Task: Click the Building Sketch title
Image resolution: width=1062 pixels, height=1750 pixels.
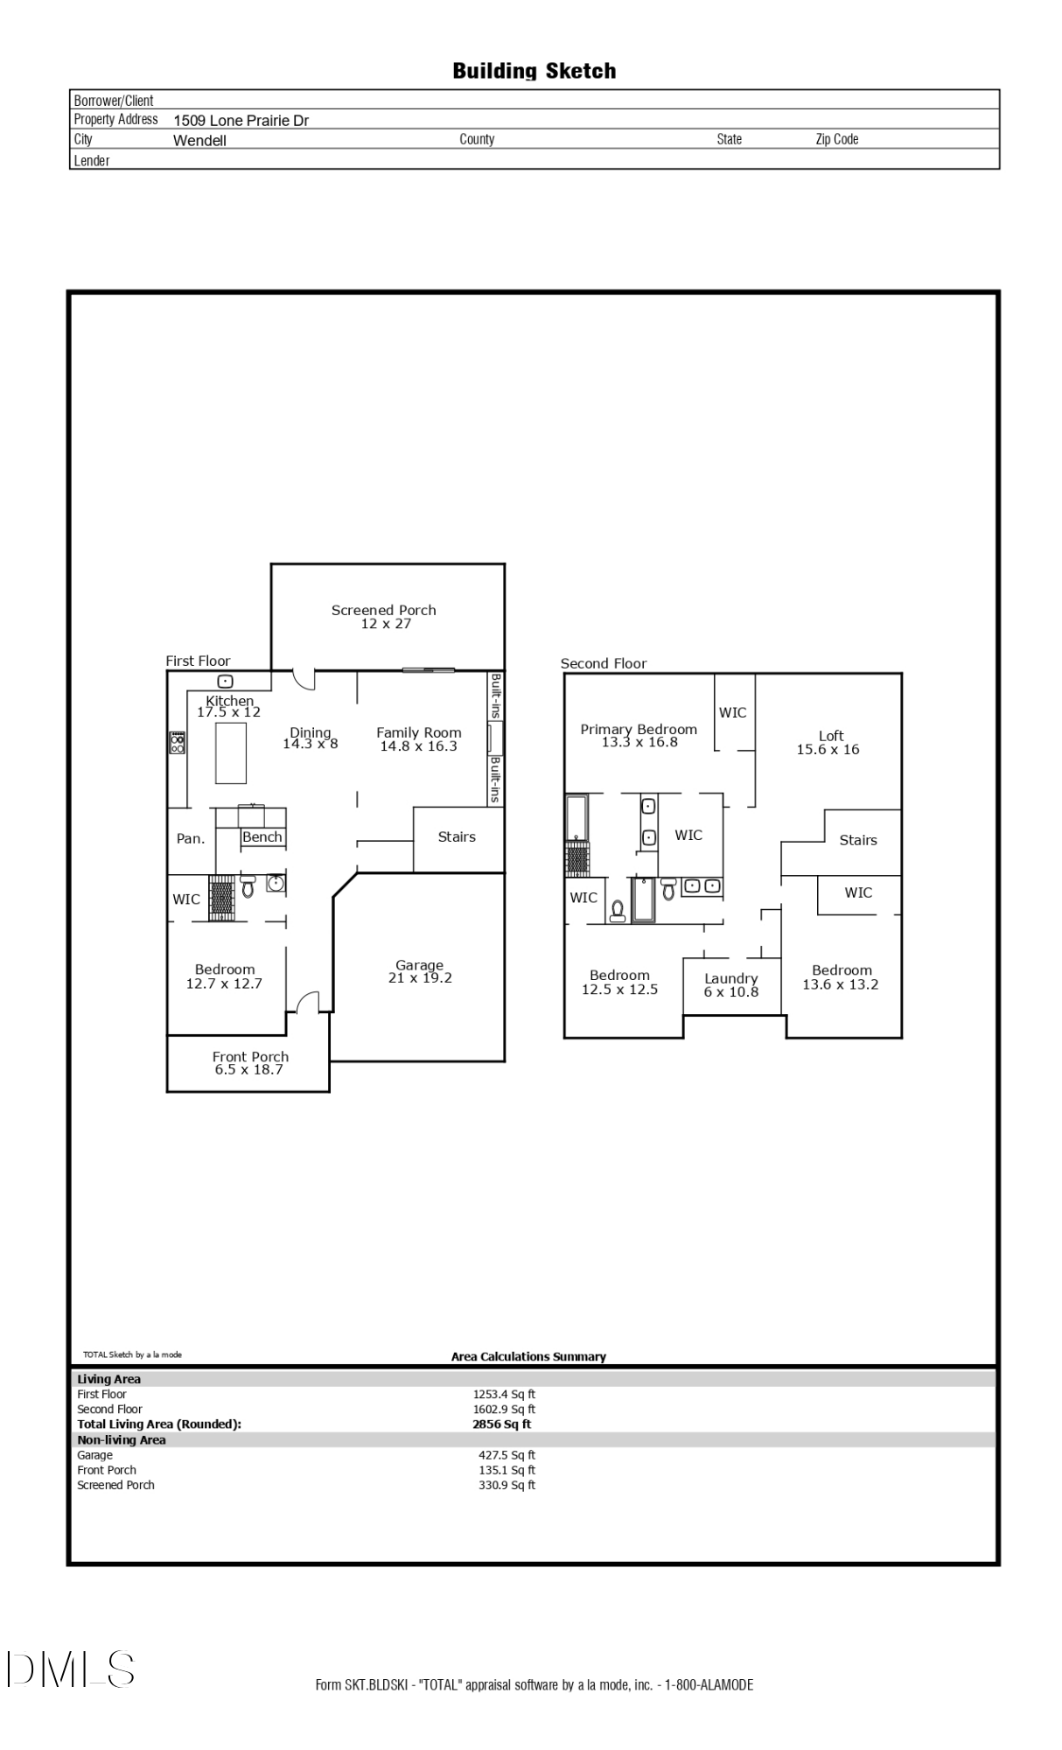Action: coord(534,71)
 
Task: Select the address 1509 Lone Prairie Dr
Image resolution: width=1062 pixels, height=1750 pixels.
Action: coord(241,121)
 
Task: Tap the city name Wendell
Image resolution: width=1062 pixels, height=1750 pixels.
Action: coord(199,140)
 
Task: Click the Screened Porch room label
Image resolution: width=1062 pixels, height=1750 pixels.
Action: coord(383,610)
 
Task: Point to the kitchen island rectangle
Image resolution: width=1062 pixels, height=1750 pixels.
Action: coord(231,752)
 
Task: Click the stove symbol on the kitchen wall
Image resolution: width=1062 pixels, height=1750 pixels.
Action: coord(178,743)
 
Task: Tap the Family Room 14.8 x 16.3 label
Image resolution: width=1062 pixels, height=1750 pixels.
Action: coord(418,739)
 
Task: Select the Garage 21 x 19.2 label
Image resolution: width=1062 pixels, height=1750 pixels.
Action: coord(420,971)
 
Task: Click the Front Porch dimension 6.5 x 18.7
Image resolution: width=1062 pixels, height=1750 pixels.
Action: coord(249,1069)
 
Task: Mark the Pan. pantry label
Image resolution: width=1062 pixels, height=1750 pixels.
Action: coord(191,838)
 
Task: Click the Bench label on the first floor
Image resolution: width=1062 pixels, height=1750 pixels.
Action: coord(262,836)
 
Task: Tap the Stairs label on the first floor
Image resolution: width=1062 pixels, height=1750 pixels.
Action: coord(457,836)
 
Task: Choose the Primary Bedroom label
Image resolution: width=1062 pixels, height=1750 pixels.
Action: coord(639,729)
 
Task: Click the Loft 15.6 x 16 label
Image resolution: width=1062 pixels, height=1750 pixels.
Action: coord(828,742)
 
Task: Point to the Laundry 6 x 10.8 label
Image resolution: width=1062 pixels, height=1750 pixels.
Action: coord(731,984)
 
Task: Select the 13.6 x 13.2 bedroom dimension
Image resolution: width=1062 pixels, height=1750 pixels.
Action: coord(841,983)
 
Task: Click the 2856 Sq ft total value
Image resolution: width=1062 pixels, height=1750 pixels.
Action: coord(501,1424)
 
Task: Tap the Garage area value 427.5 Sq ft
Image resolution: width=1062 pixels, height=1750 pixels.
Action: coord(507,1455)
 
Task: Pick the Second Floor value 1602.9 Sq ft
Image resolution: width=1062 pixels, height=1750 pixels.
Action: coord(504,1409)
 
